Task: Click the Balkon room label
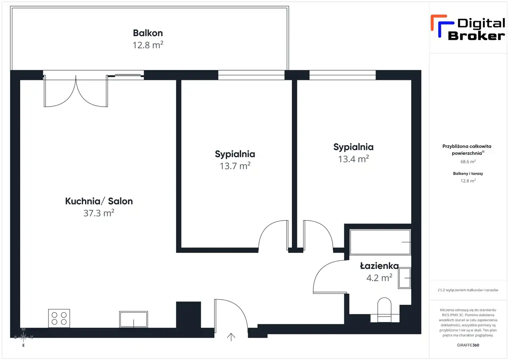click(x=148, y=33)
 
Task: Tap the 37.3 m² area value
click(x=99, y=213)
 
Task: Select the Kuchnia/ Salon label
click(x=99, y=201)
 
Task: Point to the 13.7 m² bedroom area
click(x=235, y=166)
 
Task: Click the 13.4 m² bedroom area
click(x=354, y=159)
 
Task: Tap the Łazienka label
click(x=379, y=266)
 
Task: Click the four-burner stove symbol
click(x=59, y=318)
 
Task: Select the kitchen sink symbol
click(x=134, y=319)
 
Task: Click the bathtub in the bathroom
click(x=381, y=242)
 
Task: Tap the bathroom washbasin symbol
click(x=404, y=278)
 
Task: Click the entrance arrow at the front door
click(x=231, y=337)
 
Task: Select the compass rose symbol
click(x=23, y=337)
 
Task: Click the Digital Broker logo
click(x=468, y=28)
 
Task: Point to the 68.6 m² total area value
click(x=468, y=162)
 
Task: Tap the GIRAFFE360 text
click(x=468, y=345)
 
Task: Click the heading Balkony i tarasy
click(x=468, y=173)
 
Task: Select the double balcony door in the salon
click(x=76, y=91)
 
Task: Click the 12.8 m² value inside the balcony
click(x=148, y=45)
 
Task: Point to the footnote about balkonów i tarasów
click(x=468, y=290)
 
